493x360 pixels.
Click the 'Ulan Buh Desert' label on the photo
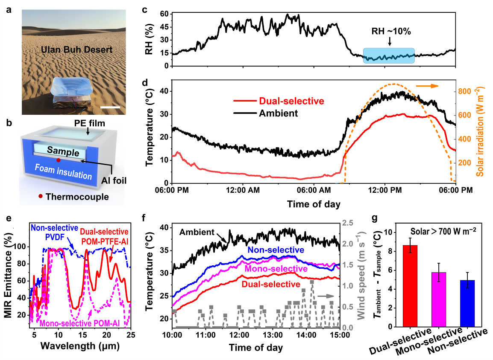(x=76, y=50)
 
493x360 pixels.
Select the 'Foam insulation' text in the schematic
(x=64, y=175)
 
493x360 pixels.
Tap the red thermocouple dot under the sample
(x=59, y=160)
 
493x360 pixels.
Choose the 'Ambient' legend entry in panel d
(x=278, y=113)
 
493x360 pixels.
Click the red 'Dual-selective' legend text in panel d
(x=291, y=101)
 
